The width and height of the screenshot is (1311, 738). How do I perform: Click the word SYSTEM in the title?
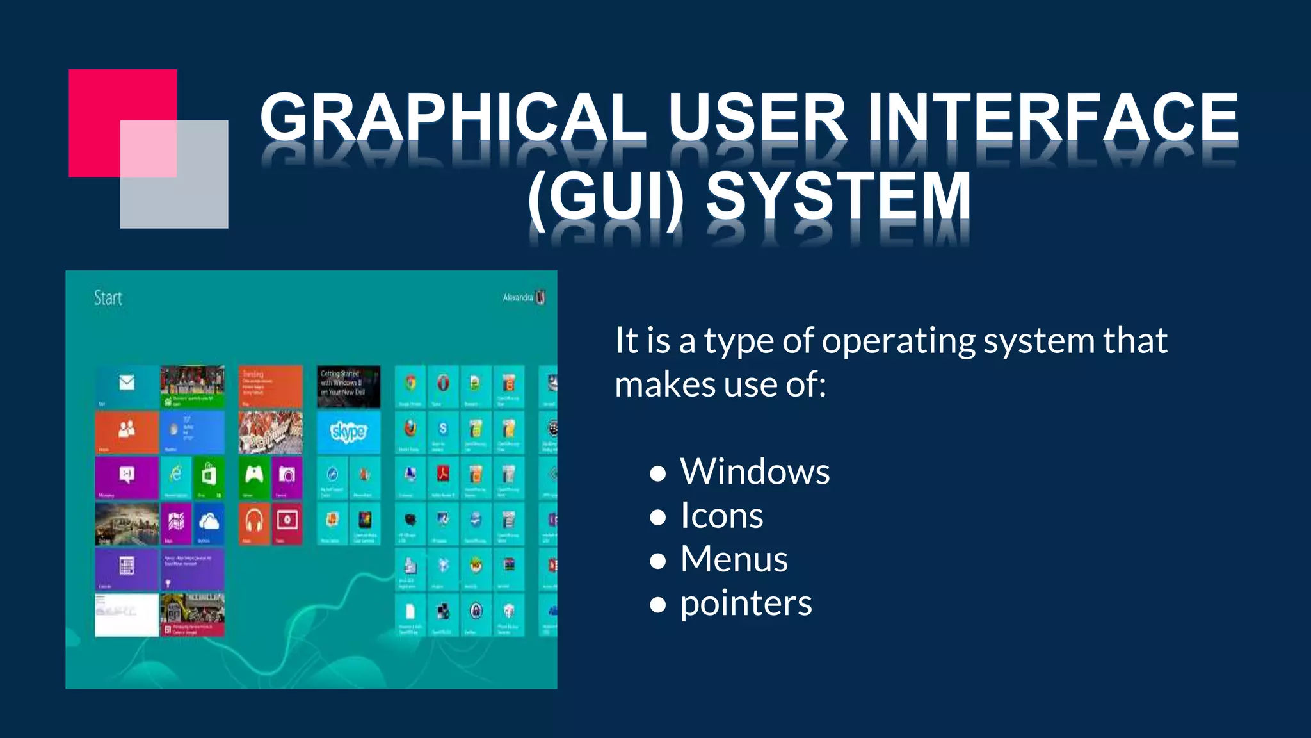coord(839,196)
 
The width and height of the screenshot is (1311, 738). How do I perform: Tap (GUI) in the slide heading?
coord(606,196)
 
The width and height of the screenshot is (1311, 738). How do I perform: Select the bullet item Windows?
coord(754,472)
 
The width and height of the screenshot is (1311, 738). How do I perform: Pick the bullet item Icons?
coord(721,516)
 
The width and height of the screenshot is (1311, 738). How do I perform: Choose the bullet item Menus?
coord(734,559)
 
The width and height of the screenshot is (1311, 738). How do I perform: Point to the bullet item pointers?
coord(746,603)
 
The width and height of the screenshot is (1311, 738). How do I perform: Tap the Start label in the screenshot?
coord(108,298)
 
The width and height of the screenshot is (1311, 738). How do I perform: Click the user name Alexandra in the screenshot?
coord(517,297)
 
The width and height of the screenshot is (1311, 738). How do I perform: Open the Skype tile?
coord(348,432)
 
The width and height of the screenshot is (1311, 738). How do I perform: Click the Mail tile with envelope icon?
coord(127,386)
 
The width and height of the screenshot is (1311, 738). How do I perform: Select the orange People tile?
coord(127,432)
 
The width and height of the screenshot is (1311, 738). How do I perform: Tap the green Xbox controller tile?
coord(254,477)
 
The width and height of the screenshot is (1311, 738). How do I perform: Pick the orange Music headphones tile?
coord(254,523)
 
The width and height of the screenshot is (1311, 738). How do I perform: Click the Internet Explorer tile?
coord(175,477)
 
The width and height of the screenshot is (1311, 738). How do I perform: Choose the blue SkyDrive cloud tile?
coord(209,523)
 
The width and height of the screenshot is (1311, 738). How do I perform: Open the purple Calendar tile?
coord(127,568)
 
